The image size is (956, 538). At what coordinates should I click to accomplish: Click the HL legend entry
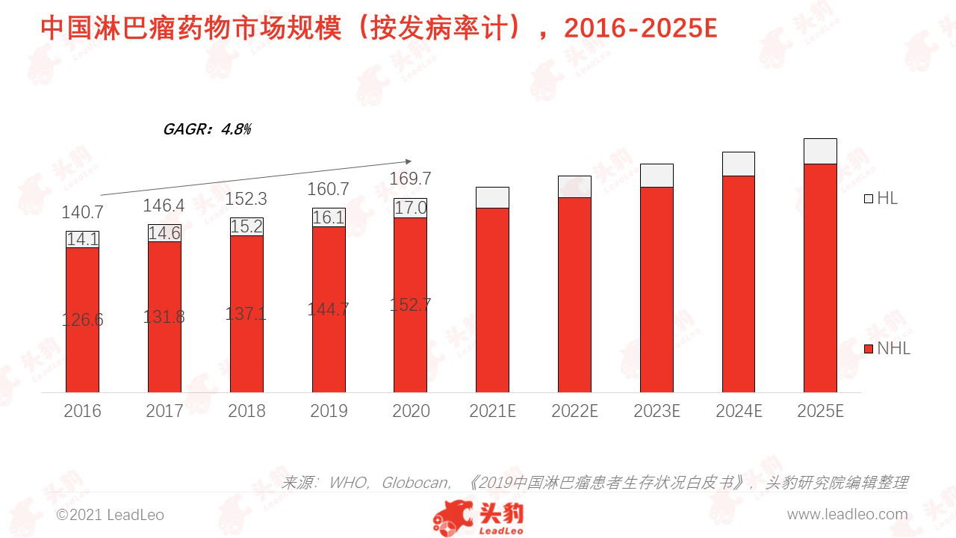(881, 199)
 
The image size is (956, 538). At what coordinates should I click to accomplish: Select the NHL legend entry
(887, 349)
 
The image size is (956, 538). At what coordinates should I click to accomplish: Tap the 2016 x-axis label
(82, 411)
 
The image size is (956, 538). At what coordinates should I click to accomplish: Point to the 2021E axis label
(492, 411)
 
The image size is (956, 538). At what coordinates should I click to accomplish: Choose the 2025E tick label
(820, 411)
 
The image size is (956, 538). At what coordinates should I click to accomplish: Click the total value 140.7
(82, 212)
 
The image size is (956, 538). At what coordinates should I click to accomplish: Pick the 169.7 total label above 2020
(411, 179)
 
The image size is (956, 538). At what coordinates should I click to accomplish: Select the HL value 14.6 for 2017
(164, 233)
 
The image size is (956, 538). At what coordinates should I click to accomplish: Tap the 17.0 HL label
(411, 208)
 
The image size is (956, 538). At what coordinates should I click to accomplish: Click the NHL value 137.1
(246, 314)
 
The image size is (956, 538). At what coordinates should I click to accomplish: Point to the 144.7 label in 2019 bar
(329, 309)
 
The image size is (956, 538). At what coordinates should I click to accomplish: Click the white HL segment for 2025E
(820, 151)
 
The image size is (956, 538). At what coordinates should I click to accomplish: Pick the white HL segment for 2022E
(574, 187)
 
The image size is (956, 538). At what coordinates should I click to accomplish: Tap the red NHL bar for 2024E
(739, 284)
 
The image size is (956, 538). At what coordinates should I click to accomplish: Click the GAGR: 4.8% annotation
(207, 129)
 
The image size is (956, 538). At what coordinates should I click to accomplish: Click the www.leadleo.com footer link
(847, 515)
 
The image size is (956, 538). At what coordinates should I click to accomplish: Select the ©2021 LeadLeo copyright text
(111, 516)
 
